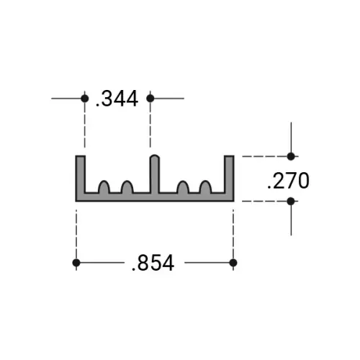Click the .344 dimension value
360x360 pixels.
coord(117,99)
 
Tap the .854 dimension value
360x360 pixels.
coord(153,264)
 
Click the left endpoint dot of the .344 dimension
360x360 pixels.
coord(84,98)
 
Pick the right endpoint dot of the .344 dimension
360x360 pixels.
coord(150,98)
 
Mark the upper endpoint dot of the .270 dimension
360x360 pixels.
coord(291,156)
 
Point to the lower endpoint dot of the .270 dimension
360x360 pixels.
coord(291,201)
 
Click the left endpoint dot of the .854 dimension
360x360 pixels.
coord(76,263)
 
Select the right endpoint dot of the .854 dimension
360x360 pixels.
coord(233,263)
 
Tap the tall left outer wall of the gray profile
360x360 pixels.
coord(81,176)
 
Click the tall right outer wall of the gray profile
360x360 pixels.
coord(229,176)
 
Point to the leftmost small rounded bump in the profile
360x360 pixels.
coord(104,188)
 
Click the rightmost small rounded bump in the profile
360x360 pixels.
coord(205,188)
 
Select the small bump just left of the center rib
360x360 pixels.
coord(127,188)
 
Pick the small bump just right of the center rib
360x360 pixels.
coord(183,188)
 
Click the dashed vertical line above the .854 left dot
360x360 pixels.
coord(76,230)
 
